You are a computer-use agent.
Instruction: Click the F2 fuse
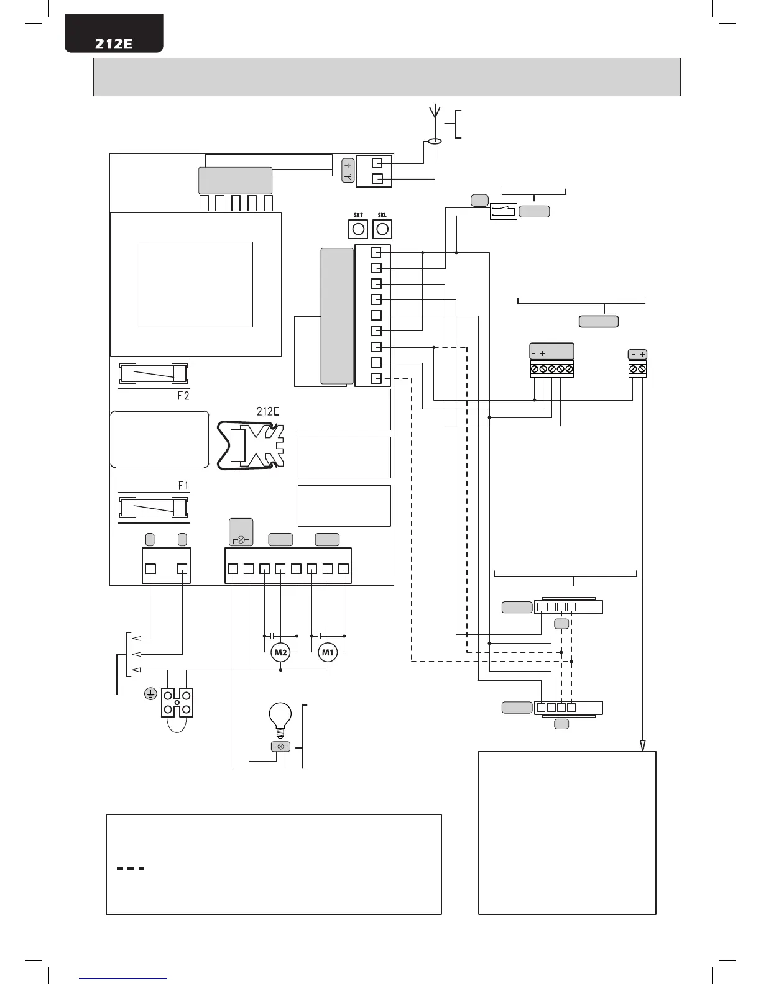[x=154, y=373]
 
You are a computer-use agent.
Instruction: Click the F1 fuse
[x=154, y=508]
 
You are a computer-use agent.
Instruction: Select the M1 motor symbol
[x=328, y=652]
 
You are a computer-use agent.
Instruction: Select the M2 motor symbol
[x=281, y=652]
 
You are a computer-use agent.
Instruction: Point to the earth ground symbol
[x=149, y=695]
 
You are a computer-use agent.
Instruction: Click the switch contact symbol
[x=504, y=211]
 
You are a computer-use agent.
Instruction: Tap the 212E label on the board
[x=268, y=411]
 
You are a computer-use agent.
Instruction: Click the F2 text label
[x=183, y=396]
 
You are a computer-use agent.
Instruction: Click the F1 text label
[x=183, y=485]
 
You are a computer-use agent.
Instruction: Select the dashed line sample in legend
[x=131, y=868]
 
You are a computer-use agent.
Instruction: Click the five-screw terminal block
[x=551, y=369]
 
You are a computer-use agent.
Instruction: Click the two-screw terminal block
[x=637, y=369]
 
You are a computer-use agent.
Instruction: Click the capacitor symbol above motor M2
[x=272, y=636]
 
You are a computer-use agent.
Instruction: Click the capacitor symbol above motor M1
[x=319, y=636]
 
